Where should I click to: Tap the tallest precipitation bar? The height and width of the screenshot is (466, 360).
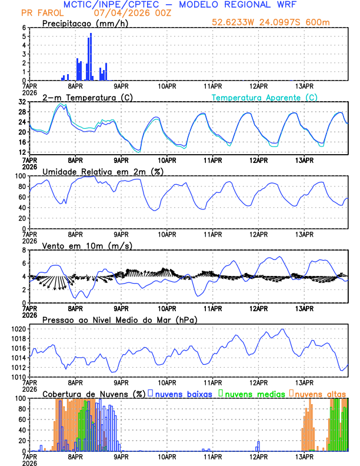[91, 56]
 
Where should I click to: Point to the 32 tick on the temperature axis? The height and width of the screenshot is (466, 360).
[22, 102]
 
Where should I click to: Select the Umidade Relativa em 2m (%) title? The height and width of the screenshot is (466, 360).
[99, 171]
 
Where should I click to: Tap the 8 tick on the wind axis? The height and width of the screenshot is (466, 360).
[24, 250]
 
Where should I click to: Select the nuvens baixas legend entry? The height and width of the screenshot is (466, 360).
[184, 394]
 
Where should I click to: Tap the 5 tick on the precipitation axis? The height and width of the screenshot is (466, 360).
[24, 36]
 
